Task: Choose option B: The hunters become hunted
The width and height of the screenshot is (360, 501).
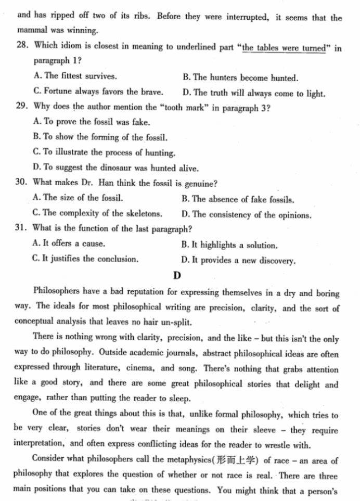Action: [241, 78]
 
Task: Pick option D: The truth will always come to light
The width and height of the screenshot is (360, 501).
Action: [254, 94]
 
